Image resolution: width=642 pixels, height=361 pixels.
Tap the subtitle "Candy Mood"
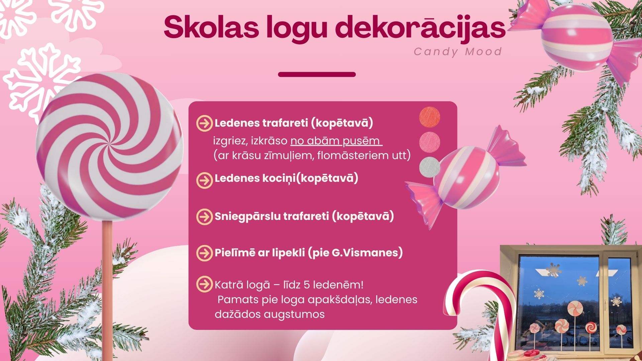coord(458,52)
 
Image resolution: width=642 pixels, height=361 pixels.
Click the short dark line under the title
coord(317,74)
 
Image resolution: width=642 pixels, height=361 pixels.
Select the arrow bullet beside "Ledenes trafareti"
coord(204,123)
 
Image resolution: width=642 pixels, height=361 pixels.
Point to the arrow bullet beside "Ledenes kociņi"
coord(204,180)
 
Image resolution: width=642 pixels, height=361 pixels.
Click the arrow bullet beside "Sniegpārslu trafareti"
coord(204,216)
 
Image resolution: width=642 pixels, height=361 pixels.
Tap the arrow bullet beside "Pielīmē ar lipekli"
coord(204,253)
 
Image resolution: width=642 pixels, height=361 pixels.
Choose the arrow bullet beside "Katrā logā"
coord(204,284)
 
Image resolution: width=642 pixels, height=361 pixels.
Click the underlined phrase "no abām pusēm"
coord(336,141)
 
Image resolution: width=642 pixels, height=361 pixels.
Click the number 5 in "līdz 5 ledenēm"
coord(307,285)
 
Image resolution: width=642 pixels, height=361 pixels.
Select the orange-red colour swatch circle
coord(430,117)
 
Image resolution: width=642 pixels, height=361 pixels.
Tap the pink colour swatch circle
coord(430,142)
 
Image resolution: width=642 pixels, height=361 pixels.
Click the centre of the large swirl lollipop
coord(109,146)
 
